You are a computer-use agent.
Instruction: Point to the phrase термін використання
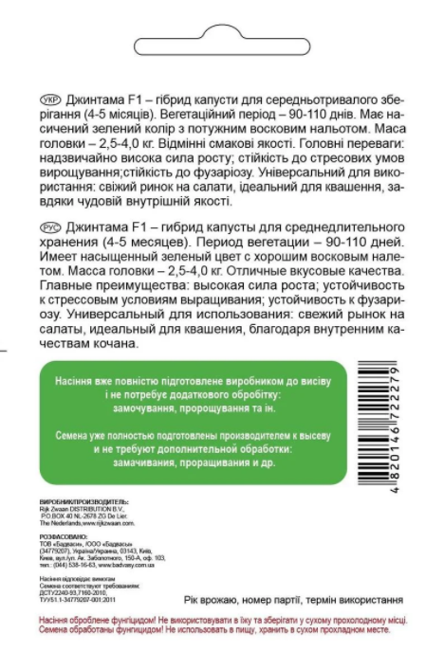coord(350,600)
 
